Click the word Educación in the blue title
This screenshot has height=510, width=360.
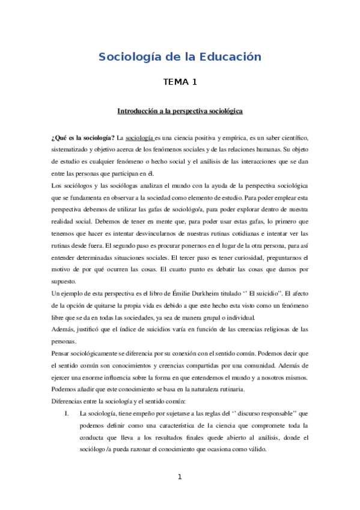(x=231, y=57)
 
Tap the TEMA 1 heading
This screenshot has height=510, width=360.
(x=180, y=82)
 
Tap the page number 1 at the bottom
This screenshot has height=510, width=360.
(x=180, y=477)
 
